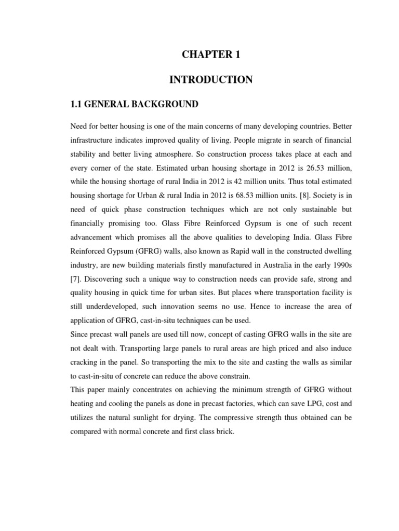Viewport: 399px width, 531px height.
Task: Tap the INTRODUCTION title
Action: pos(211,79)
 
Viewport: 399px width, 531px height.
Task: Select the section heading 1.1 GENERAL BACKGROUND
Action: pos(134,104)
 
